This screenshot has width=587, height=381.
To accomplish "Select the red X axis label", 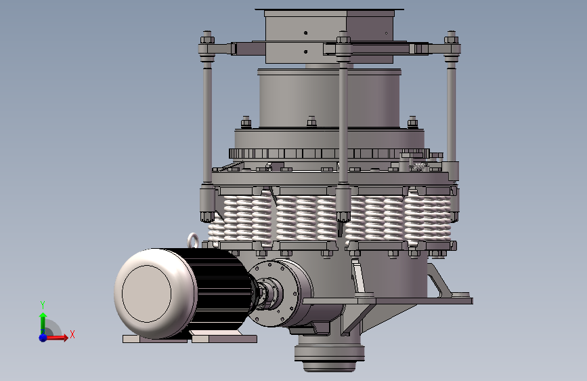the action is [72, 334].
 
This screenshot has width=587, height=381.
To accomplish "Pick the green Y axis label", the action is [43, 305].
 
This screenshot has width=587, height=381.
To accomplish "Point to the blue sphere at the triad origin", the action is [43, 338].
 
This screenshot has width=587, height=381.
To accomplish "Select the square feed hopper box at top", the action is [330, 36].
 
